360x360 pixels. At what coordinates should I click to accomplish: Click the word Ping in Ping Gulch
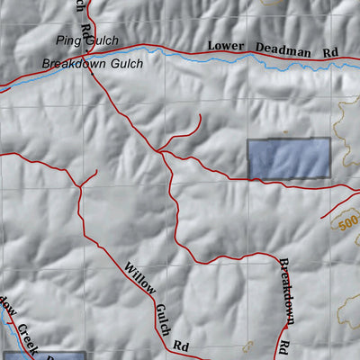click(67, 40)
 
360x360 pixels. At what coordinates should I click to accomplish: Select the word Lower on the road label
click(226, 45)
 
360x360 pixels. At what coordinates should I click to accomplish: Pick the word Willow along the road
click(141, 279)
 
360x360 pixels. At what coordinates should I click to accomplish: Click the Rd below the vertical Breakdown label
click(284, 346)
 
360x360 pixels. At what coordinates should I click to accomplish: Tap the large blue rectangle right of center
click(289, 159)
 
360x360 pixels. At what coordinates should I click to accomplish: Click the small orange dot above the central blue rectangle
click(285, 131)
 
